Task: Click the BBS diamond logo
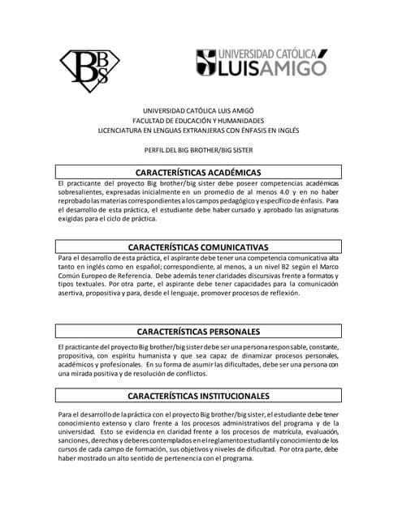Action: coord(91,68)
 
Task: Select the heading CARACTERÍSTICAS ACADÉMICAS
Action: coord(198,173)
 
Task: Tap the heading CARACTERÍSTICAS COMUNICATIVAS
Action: coord(198,247)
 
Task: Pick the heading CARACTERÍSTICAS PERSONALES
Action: coord(198,332)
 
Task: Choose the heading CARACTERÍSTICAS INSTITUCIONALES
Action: coord(198,396)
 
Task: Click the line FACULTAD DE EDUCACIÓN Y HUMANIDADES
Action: coord(198,119)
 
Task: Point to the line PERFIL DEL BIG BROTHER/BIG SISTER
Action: coord(198,150)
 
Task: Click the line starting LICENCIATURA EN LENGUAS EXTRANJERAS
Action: coord(198,129)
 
